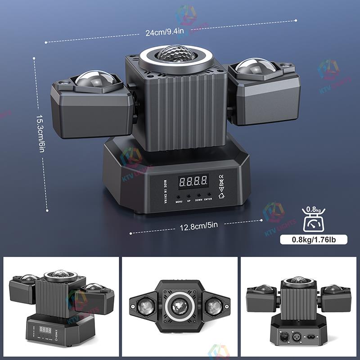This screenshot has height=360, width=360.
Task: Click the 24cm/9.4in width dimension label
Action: tap(165, 32)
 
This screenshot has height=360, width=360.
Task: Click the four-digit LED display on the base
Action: tap(193, 181)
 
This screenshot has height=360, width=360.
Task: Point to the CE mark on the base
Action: tap(220, 176)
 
